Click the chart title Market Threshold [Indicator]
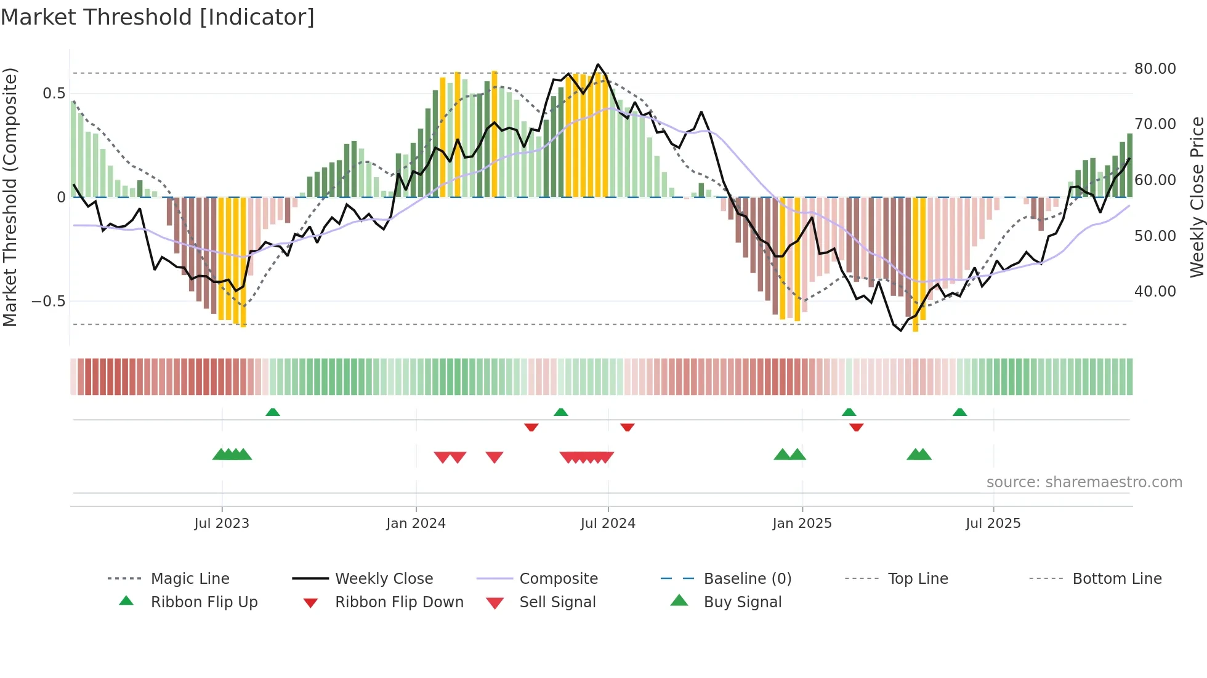[x=158, y=17]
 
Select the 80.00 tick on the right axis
[x=1155, y=68]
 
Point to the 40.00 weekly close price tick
[x=1155, y=291]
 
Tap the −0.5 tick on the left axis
[x=49, y=301]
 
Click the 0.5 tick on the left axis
[x=54, y=94]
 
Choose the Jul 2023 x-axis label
[x=222, y=524]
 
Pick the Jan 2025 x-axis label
[x=802, y=524]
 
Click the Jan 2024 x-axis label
[x=416, y=524]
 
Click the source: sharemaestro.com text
[x=1084, y=482]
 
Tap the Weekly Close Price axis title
[x=1197, y=197]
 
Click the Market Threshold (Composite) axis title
[x=10, y=197]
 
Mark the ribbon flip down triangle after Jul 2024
[x=628, y=427]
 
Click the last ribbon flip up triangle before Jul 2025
[x=959, y=412]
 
